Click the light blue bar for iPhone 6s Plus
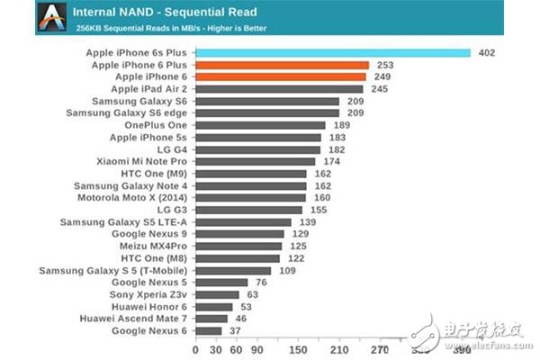click(332, 53)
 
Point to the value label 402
click(486, 53)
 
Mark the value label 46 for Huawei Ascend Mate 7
click(240, 318)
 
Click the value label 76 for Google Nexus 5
click(261, 282)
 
